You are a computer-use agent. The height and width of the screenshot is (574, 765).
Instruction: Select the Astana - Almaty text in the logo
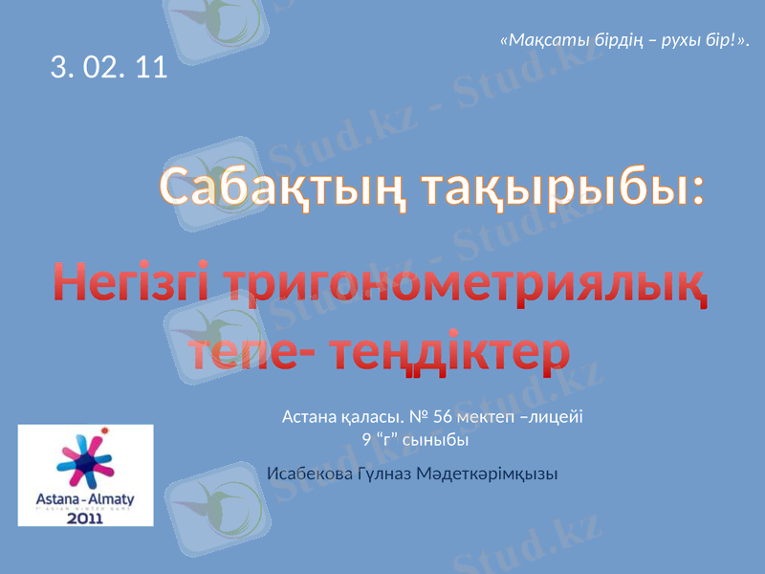point(85,500)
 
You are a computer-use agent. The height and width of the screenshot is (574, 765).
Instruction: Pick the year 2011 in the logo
point(85,518)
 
